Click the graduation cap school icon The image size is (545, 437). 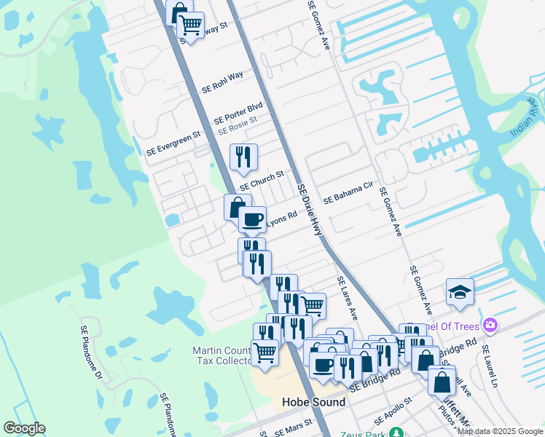(x=460, y=293)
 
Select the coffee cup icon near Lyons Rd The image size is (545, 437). (x=253, y=219)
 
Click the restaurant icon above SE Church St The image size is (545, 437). (x=243, y=156)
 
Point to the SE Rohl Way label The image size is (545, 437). (x=222, y=81)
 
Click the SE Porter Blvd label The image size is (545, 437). (x=238, y=113)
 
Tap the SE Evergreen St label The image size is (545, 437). (x=173, y=143)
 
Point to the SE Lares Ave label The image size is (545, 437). (x=348, y=298)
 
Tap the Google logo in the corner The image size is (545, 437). (x=24, y=428)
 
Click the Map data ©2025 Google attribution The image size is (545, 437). (x=500, y=431)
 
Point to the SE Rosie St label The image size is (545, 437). (x=238, y=125)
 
